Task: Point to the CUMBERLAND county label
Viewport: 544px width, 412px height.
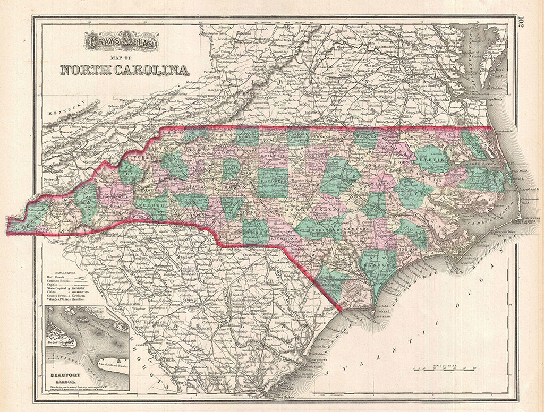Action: tap(321, 229)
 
